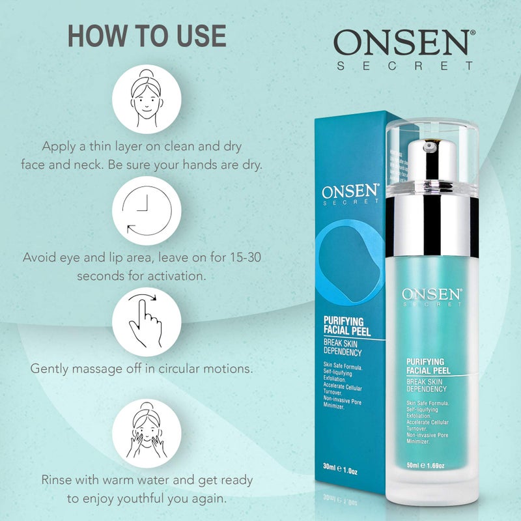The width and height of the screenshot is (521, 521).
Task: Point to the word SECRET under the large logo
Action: (404, 66)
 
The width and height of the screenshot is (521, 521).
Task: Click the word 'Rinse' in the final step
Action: (57, 481)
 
